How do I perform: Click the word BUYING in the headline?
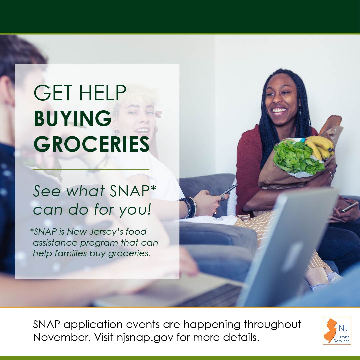point(73,118)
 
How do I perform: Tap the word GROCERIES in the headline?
point(92,144)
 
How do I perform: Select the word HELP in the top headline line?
point(103,93)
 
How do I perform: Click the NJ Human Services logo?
point(337,330)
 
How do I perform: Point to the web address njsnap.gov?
point(145,337)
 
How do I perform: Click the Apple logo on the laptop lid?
point(292,257)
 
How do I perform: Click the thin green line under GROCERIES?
point(91,170)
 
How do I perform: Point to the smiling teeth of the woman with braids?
point(279,111)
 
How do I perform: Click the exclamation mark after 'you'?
point(149,209)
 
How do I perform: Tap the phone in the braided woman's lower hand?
point(349,207)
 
